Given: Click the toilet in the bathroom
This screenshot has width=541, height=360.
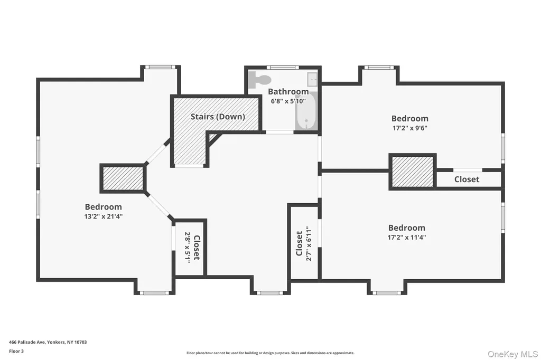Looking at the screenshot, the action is click(259, 80).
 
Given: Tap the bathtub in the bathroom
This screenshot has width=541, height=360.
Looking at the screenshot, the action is click(306, 111).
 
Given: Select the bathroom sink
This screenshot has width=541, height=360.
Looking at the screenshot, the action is click(312, 79).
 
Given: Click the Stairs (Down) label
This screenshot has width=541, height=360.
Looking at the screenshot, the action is click(218, 117).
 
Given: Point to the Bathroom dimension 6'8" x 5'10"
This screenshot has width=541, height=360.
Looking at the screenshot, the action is click(288, 101).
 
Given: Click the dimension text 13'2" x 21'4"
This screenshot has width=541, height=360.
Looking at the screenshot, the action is click(104, 216).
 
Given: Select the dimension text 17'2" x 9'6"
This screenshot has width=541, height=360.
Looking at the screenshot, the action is click(410, 128).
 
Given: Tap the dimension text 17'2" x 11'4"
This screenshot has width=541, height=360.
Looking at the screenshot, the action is click(407, 237).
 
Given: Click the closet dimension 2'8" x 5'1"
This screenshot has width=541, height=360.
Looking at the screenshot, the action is click(188, 248).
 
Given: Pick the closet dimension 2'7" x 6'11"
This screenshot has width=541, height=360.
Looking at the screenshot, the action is click(309, 243).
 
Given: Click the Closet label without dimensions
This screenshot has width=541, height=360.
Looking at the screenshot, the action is click(467, 179).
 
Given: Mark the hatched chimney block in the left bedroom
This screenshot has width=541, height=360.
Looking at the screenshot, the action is click(123, 178).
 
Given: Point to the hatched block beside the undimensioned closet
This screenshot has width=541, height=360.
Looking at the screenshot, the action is click(413, 172).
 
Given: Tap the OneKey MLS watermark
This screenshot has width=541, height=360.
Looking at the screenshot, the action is click(512, 354).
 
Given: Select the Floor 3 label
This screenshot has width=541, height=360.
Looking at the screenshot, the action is click(16, 351).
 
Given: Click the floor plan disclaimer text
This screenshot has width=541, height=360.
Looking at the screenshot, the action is click(270, 353).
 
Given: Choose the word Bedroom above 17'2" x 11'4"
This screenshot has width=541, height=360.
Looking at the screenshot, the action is click(407, 228).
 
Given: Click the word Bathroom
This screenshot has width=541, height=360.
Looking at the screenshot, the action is click(288, 91).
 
